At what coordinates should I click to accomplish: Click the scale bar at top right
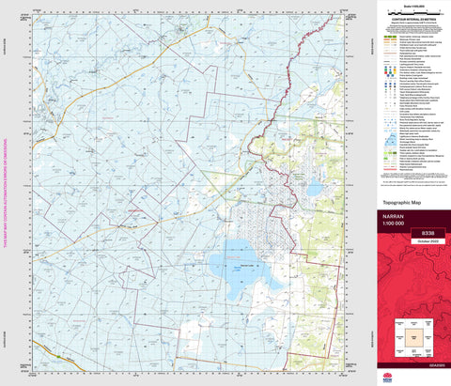[x=411, y=13]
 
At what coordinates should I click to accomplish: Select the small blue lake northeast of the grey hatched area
[x=312, y=189]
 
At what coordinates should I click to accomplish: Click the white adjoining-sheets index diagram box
[x=412, y=336]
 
